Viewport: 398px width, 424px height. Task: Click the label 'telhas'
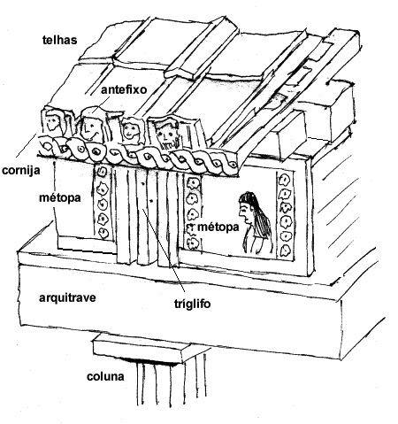[x=60, y=40]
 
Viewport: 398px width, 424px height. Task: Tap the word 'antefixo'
[x=124, y=89]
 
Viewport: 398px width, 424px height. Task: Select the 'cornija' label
[x=20, y=171]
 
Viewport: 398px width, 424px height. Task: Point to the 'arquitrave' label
[x=67, y=297]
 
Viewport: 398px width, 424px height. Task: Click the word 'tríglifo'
[x=192, y=304]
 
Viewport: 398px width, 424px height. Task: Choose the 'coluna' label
[x=105, y=377]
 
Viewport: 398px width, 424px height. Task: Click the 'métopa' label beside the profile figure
[x=218, y=227]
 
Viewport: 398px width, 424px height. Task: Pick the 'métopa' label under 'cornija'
[x=60, y=198]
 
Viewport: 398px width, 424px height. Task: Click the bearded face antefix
[x=167, y=135]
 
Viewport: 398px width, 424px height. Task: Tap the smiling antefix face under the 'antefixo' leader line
[x=91, y=126]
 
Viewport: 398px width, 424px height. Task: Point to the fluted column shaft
[x=171, y=383]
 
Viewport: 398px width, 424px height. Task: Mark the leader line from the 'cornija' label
[x=26, y=145]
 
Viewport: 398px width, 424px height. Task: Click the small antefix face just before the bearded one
[x=131, y=130]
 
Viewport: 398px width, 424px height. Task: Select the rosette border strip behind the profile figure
[x=285, y=216]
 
